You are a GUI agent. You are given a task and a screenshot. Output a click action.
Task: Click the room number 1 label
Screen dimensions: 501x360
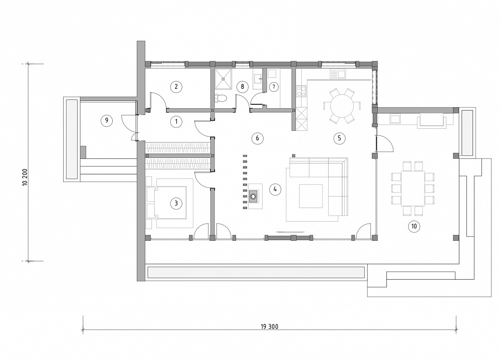(176, 121)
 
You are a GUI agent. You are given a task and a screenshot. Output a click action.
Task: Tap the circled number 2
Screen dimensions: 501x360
(176, 87)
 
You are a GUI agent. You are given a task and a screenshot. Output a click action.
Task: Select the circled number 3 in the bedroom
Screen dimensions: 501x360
(176, 204)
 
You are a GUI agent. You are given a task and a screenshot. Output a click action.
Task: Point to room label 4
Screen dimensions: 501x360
(275, 189)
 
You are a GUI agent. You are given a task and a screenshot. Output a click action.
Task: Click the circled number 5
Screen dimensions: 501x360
(339, 138)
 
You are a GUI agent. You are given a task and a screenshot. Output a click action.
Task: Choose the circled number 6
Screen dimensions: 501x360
(257, 138)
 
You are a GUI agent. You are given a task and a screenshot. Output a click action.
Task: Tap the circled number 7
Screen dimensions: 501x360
(274, 87)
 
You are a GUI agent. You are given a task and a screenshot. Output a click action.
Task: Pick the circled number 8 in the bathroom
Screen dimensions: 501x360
(242, 87)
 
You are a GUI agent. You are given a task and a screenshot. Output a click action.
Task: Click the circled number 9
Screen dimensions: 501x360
(106, 120)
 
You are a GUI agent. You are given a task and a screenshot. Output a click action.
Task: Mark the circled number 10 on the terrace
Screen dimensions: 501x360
(414, 226)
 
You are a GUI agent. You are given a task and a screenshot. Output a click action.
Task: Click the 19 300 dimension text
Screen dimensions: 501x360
(270, 327)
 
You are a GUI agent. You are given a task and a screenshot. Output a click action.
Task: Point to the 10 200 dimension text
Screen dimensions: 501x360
(26, 177)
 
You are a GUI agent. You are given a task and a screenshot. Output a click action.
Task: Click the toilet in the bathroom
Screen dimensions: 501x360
(220, 98)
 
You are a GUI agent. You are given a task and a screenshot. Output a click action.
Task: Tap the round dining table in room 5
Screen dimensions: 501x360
(342, 106)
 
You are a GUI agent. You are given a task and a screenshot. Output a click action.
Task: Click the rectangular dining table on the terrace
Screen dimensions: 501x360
(413, 189)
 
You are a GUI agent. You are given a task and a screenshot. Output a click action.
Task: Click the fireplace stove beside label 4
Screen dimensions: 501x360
(254, 196)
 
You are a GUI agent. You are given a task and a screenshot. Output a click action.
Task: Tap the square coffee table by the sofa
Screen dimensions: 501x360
(311, 196)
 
